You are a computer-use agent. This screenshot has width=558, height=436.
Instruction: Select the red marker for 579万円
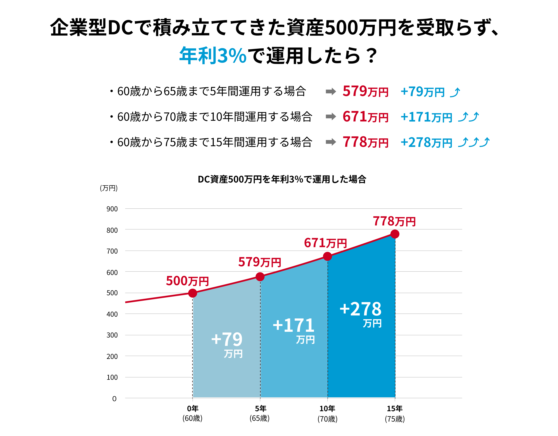pos(260,277)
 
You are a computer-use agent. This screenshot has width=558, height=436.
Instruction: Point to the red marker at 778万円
pos(395,234)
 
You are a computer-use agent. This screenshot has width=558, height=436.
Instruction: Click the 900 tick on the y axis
pos(112,209)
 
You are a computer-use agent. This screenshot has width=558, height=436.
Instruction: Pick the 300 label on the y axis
pos(112,335)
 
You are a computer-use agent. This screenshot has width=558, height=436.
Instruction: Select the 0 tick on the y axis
pos(114,399)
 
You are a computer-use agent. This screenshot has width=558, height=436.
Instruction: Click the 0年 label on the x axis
pos(192,409)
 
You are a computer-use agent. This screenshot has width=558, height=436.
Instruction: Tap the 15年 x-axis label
pos(395,409)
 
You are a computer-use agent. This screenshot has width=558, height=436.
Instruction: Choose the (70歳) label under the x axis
pos(327,419)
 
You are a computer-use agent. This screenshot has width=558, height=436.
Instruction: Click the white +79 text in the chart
pos(227,339)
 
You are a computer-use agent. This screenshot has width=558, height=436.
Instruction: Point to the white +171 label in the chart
pos(294,325)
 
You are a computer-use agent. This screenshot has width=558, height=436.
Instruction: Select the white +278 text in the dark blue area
pos(361,309)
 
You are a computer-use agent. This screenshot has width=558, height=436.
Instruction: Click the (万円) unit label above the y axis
pos(109,188)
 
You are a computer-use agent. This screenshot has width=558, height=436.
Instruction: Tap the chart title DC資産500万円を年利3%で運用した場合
pos(282,179)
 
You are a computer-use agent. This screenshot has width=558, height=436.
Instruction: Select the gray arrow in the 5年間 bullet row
pos(331,91)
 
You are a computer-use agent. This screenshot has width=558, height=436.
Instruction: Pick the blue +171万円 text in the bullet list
pos(426,117)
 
